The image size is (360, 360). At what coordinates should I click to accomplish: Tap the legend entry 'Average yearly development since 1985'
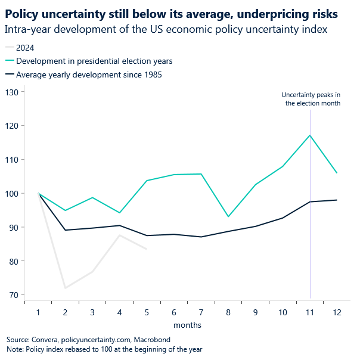pos(89,75)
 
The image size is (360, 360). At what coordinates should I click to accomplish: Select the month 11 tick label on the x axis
pos(310,312)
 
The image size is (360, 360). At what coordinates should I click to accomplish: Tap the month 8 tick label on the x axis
pos(228,312)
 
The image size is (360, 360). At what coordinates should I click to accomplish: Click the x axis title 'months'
pos(187,325)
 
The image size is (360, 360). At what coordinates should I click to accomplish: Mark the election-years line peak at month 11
pos(310,135)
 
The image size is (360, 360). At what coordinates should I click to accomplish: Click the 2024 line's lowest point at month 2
pos(66,288)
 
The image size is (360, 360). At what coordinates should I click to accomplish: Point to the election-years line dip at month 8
pos(228,216)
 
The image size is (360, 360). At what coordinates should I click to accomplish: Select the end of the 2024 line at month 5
pos(147,249)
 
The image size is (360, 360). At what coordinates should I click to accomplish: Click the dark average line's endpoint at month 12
pos(337,200)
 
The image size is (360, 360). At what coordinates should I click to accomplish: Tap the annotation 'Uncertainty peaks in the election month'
pos(311,99)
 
